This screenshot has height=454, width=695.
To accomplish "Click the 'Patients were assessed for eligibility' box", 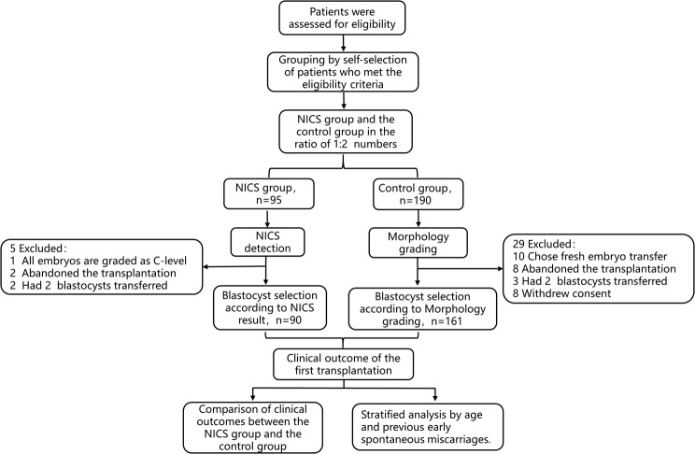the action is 342,18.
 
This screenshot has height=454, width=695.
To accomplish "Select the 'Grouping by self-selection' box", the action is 343,72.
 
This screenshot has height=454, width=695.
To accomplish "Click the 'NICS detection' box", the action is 268,242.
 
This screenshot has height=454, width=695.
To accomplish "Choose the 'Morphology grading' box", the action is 418,243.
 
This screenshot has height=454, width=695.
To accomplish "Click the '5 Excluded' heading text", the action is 38,248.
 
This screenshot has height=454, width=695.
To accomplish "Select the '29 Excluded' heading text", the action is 544,244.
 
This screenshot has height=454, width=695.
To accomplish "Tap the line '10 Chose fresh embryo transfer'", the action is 589,256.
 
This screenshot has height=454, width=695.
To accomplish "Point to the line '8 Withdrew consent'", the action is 561,293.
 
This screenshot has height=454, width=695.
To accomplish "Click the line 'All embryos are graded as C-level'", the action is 105,261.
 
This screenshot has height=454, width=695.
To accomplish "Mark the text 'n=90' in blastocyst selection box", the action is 289,320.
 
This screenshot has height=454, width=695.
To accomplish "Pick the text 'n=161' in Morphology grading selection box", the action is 446,321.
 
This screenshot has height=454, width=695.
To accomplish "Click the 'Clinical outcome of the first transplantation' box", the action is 343,364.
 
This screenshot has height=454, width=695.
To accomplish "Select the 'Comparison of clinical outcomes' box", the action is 252,428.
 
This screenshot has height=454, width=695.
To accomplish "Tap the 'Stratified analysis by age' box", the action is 428,427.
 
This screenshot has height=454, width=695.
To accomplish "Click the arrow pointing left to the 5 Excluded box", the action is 234,267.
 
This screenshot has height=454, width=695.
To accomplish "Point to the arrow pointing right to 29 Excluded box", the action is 461,269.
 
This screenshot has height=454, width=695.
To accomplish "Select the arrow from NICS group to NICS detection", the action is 267,219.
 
